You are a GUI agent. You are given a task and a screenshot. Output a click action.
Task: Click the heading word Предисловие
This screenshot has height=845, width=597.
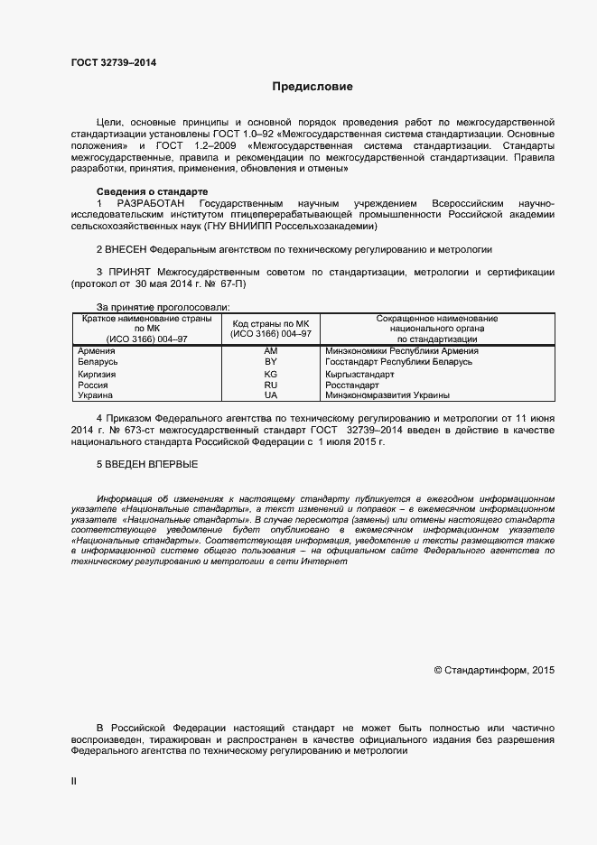[312, 88]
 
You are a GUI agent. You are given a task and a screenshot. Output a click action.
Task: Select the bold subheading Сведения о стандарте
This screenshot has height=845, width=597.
[152, 191]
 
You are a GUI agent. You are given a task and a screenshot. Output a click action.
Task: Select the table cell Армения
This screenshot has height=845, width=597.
[96, 350]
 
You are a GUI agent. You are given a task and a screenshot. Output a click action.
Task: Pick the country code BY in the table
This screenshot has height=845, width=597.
[270, 361]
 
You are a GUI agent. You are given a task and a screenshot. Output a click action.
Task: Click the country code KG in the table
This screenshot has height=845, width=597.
[270, 373]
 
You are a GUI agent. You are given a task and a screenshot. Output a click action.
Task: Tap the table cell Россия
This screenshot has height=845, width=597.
[93, 385]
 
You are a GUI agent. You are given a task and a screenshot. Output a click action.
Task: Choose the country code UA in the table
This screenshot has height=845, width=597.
[270, 395]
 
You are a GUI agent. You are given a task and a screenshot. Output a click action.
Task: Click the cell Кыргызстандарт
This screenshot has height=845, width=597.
[359, 373]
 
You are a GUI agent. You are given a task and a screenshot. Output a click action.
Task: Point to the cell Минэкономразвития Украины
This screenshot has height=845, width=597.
[387, 395]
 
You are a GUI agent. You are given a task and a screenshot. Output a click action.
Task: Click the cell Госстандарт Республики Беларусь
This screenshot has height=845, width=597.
[397, 361]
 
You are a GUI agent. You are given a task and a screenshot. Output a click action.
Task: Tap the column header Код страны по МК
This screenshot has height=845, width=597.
[270, 323]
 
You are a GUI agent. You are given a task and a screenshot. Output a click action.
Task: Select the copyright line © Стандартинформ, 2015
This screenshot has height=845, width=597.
[494, 670]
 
